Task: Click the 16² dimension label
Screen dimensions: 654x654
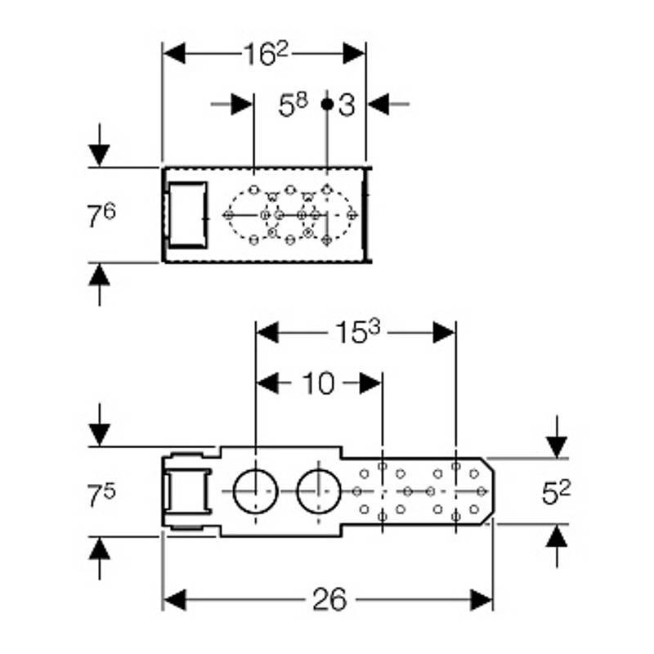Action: pos(267,53)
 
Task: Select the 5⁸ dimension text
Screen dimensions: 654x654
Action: pos(293,105)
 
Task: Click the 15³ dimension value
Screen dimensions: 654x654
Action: pos(356,333)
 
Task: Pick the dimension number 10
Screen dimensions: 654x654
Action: pos(320,383)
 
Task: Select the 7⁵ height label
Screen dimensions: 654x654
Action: pos(102,492)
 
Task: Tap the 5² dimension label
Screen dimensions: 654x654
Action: pos(557,492)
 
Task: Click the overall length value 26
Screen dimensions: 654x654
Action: pos(329,600)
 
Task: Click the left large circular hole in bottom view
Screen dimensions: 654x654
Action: pos(254,491)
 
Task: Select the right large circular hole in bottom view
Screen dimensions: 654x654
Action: pos(316,491)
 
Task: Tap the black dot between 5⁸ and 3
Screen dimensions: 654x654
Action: pos(326,104)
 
